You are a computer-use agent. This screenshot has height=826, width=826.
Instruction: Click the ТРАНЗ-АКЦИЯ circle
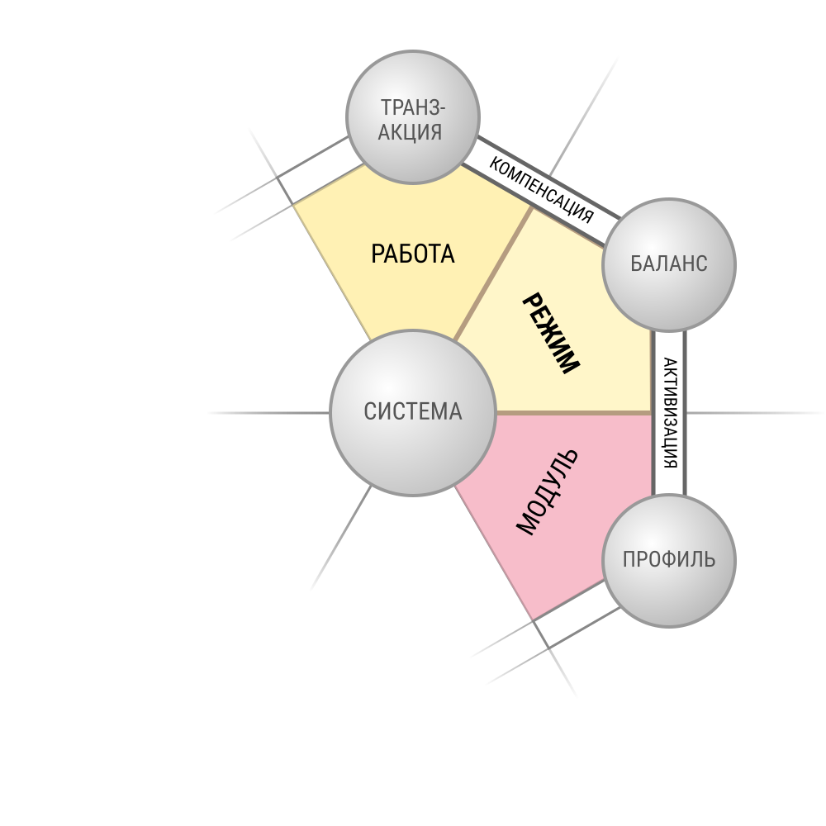pyautogui.click(x=412, y=117)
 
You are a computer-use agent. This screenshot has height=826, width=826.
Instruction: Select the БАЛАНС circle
pyautogui.click(x=668, y=265)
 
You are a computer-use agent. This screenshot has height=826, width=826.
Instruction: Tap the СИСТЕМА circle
pyautogui.click(x=412, y=413)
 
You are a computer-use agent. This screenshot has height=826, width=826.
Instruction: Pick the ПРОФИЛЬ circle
pyautogui.click(x=668, y=561)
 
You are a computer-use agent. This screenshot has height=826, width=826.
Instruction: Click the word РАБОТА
pyautogui.click(x=412, y=254)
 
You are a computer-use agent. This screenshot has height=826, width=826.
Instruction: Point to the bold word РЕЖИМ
pyautogui.click(x=551, y=334)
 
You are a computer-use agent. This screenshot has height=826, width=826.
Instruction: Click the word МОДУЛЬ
pyautogui.click(x=548, y=492)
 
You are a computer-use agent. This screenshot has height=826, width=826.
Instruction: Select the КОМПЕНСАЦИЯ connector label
pyautogui.click(x=542, y=190)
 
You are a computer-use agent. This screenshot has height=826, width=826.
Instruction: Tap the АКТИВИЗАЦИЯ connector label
pyautogui.click(x=670, y=413)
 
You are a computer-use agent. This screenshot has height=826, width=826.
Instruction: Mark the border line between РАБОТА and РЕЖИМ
pyautogui.click(x=493, y=273)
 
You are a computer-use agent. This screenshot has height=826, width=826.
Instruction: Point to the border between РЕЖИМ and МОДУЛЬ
pyautogui.click(x=574, y=413)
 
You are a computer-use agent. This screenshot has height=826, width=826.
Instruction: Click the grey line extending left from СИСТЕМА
pyautogui.click(x=268, y=413)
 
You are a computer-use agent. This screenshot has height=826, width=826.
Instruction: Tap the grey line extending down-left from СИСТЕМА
pyautogui.click(x=341, y=538)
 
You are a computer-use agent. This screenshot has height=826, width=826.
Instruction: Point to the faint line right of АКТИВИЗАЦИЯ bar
pyautogui.click(x=754, y=413)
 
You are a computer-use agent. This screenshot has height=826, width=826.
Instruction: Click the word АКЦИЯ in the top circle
pyautogui.click(x=410, y=131)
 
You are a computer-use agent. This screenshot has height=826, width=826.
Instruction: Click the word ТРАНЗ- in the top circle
pyautogui.click(x=413, y=107)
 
